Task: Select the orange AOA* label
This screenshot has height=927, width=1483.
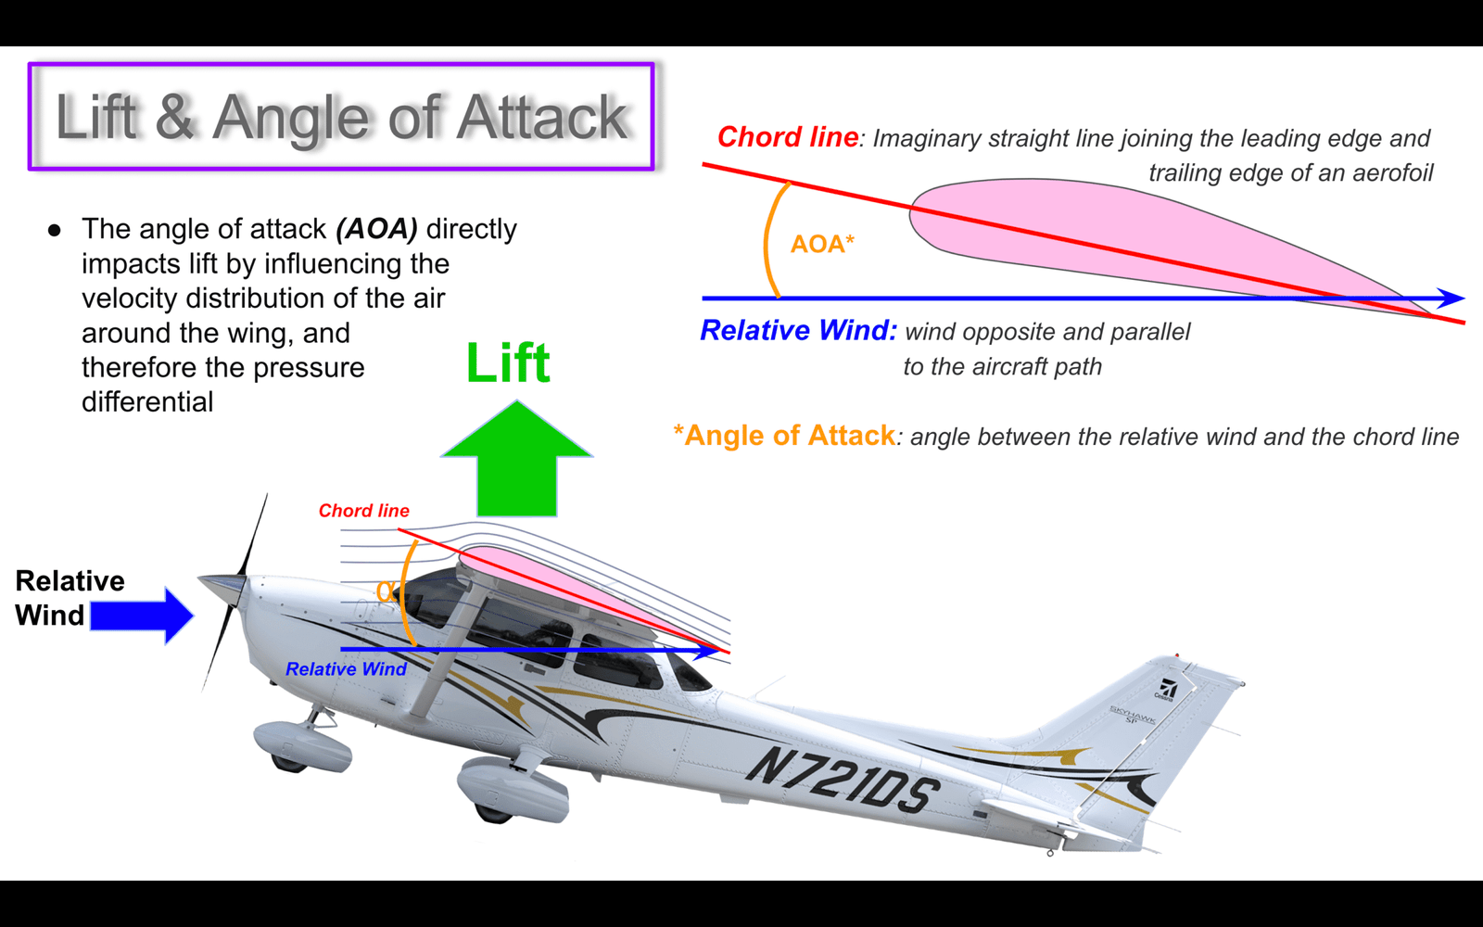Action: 822,245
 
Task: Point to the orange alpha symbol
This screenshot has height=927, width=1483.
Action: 384,590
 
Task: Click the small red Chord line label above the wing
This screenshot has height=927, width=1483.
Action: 364,511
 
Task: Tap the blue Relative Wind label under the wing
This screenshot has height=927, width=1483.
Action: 346,668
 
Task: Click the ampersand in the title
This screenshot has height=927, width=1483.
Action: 175,117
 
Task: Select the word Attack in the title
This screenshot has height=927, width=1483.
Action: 543,117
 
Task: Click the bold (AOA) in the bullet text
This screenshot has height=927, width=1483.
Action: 376,229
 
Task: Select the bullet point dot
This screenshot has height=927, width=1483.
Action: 55,231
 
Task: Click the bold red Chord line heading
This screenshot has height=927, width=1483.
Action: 788,137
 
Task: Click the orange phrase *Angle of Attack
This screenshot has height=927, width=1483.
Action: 784,436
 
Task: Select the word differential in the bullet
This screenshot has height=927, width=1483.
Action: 147,402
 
